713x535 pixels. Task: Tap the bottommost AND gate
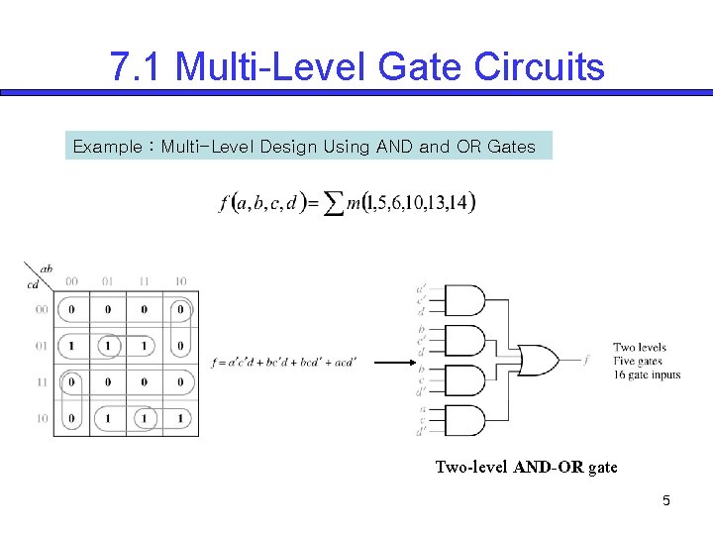tap(465, 420)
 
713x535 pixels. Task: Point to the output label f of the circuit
tap(586, 361)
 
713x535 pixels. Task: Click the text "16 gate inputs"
tap(647, 374)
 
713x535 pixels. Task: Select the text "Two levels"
tap(640, 347)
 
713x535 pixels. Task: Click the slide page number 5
tap(666, 501)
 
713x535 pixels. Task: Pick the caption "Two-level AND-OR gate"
tap(526, 468)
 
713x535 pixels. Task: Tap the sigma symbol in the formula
tap(334, 204)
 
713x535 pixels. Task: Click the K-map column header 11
tap(145, 281)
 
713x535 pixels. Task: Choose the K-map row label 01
tap(43, 346)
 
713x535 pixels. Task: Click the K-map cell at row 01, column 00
tap(71, 346)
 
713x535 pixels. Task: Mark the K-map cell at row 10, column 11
tap(145, 419)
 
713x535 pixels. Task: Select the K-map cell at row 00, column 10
tap(180, 309)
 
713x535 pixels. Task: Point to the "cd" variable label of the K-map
tap(34, 285)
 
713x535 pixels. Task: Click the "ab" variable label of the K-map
tap(47, 267)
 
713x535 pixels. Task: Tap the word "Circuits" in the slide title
tap(539, 67)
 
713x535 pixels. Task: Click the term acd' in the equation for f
tap(339, 363)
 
